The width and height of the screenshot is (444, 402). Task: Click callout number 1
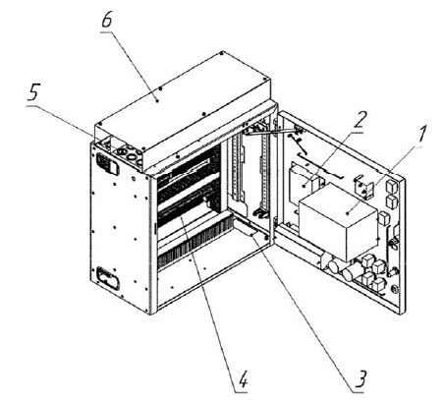[421, 135]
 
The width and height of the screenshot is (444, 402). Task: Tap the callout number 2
[359, 120]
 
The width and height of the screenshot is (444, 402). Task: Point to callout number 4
[243, 379]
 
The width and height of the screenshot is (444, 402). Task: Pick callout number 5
[33, 91]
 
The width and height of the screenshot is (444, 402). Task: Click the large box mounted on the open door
[339, 221]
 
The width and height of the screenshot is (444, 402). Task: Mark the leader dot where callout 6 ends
[157, 101]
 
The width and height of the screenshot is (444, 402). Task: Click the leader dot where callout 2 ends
[305, 186]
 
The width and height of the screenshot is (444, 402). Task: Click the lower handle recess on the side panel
[108, 278]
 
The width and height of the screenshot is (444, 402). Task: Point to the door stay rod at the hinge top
[272, 132]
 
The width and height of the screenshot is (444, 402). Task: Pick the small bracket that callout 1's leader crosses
[364, 189]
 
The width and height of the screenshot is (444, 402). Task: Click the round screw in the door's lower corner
[395, 289]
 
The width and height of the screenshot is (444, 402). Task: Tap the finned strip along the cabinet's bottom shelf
[195, 241]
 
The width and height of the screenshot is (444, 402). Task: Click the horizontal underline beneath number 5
[36, 106]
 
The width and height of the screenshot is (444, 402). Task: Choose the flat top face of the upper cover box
[184, 98]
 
